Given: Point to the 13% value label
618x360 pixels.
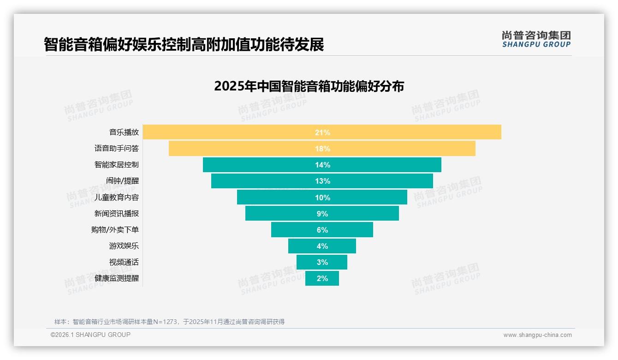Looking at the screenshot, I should click(322, 181).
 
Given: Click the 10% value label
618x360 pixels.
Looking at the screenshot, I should click(322, 198).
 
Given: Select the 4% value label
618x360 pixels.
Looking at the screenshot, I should click(322, 246).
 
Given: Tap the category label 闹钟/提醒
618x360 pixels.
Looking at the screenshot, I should click(122, 181).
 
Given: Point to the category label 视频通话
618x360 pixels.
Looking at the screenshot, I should click(124, 262).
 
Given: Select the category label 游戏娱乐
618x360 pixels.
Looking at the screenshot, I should click(124, 246).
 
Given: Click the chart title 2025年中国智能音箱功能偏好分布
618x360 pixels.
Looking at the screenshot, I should click(309, 86).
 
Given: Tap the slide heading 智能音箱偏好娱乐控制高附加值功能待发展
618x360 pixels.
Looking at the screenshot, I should click(184, 44).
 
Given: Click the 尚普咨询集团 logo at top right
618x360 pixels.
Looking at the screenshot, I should click(536, 39).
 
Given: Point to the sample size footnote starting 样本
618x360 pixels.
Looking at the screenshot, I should click(169, 322).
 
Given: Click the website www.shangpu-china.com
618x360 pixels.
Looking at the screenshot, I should click(537, 335).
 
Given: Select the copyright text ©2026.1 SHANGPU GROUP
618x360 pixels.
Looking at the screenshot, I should click(90, 335).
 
